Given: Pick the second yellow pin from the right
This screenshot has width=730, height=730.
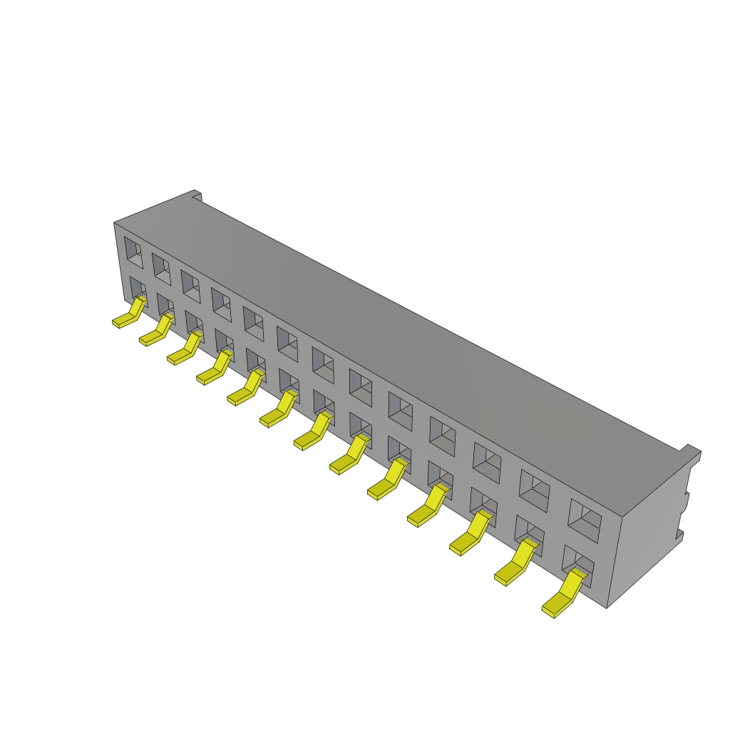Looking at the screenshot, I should tap(515, 565).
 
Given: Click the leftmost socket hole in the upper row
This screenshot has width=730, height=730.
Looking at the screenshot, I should tap(133, 252).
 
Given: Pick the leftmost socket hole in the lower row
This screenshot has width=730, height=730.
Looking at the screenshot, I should tap(137, 288).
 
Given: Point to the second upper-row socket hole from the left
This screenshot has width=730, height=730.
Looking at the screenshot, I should tap(161, 269).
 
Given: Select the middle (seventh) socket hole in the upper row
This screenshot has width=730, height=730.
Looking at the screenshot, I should tap(323, 365).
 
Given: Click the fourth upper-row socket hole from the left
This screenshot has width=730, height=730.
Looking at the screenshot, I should tap(221, 304).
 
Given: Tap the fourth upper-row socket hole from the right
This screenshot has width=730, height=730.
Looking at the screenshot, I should tap(443, 436).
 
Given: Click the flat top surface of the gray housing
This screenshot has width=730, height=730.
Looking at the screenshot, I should tap(399, 328).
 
